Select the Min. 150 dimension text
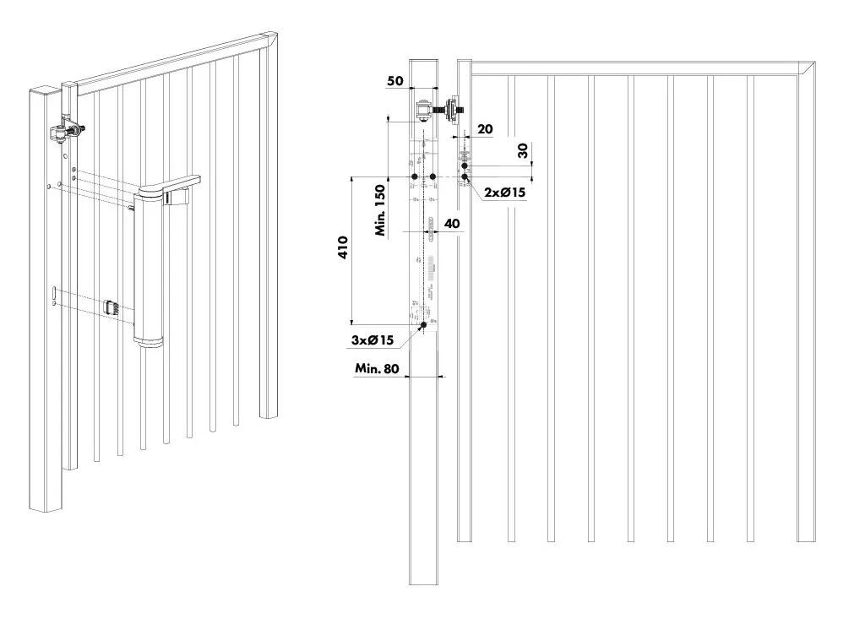tap(381, 210)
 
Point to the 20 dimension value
tap(484, 128)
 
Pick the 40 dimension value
tap(452, 224)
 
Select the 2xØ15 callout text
tap(505, 193)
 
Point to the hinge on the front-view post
tap(423, 111)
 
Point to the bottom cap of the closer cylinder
tap(147, 340)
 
